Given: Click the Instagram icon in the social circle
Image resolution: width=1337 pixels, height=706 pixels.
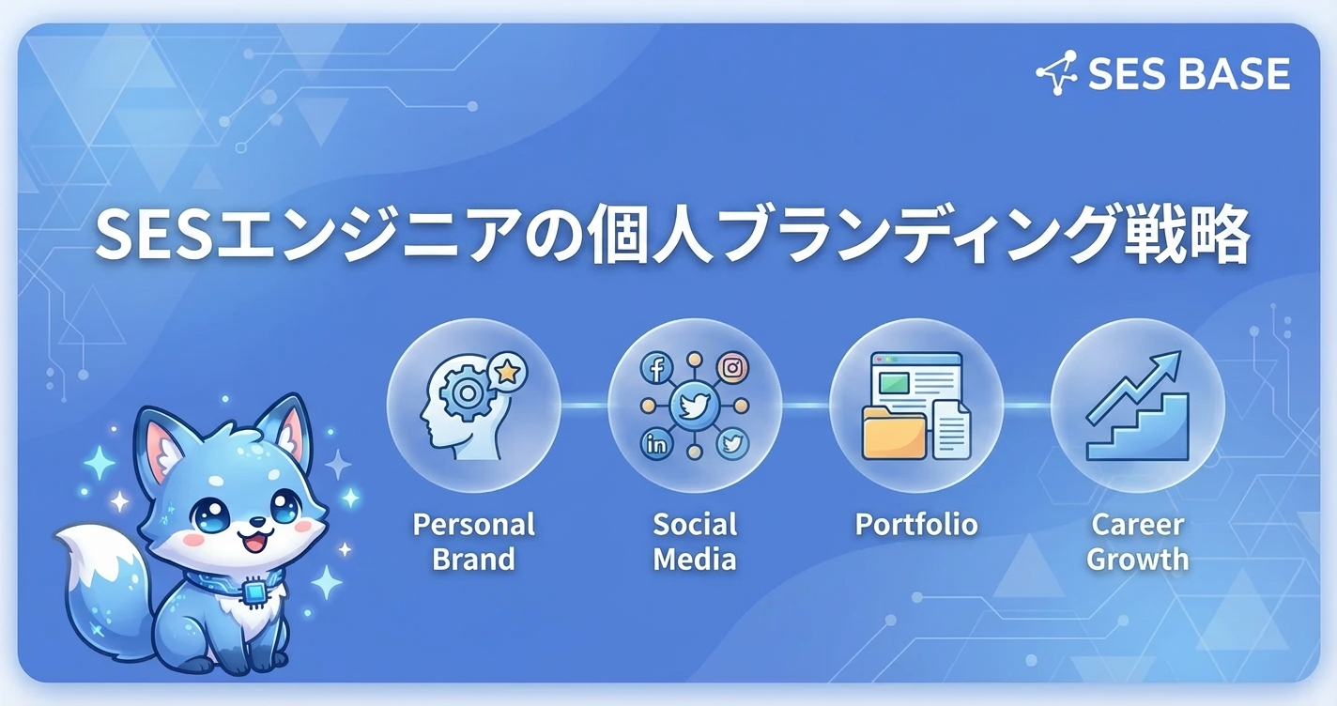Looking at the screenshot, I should coord(732,368).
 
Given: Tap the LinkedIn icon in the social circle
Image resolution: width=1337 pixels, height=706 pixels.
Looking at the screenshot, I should coord(656,444).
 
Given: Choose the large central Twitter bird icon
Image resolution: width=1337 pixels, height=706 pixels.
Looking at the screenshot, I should coord(694,406).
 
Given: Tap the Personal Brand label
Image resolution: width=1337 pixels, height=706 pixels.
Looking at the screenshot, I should coord(474,542).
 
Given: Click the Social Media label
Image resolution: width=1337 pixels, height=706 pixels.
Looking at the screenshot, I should coord(695,542).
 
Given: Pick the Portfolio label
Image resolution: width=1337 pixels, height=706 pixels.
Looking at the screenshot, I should coord(916,524).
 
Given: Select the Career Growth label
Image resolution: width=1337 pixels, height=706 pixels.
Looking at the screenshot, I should coord(1137,542).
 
